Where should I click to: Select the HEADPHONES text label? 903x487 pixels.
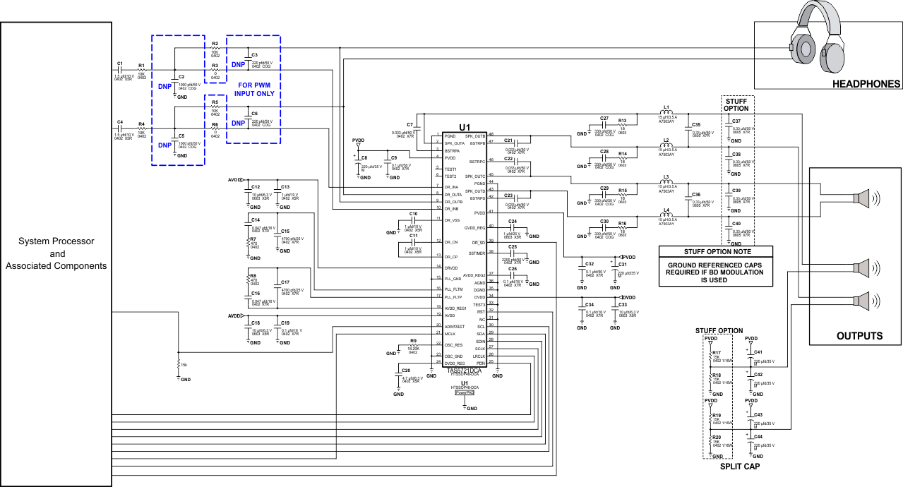(x=866, y=84)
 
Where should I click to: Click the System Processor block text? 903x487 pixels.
(x=56, y=253)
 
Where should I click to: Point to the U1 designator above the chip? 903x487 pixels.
(x=464, y=127)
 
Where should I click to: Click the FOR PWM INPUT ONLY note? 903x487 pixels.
(x=253, y=88)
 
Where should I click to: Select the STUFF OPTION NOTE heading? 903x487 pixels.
(x=716, y=251)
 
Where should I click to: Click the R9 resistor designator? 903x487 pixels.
(x=412, y=340)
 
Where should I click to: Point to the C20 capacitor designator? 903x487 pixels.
(x=405, y=371)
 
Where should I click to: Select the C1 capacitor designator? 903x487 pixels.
(x=120, y=64)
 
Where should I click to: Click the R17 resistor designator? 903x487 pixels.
(x=717, y=352)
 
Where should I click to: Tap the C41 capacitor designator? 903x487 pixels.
(x=758, y=351)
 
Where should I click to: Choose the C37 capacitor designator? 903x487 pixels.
(x=736, y=121)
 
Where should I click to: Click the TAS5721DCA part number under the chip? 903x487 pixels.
(x=464, y=370)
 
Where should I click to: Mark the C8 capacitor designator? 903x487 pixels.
(x=364, y=157)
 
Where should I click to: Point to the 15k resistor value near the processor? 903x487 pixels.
(x=184, y=365)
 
